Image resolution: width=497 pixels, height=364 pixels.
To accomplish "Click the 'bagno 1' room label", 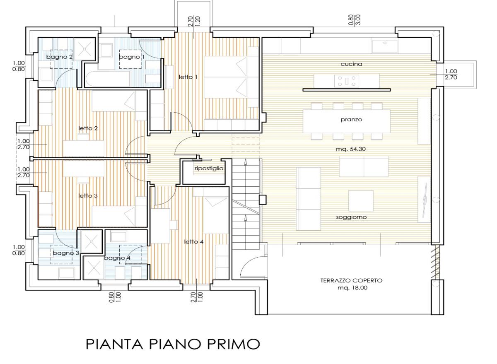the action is pos(132,57).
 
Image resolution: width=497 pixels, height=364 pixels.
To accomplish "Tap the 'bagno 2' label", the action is pos(60,57).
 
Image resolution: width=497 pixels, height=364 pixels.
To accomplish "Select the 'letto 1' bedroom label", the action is pos(188,77).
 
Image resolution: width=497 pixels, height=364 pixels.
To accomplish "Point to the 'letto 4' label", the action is pos(194,241).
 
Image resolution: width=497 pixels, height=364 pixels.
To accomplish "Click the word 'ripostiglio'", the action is pos(209,169).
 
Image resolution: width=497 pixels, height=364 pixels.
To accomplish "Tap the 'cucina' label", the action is pos(352,64).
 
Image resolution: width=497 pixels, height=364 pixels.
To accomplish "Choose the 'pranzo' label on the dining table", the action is pos(352,120).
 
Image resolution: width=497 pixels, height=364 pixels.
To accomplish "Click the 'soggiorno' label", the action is pos(351,217).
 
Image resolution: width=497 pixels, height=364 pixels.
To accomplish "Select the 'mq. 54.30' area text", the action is pos(350,149).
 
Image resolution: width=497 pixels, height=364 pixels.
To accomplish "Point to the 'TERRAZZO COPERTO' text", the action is pos(352,280).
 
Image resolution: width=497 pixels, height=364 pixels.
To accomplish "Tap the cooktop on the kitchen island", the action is pos(346,81).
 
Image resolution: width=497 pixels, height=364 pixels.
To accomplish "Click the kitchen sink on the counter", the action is pos(385,46).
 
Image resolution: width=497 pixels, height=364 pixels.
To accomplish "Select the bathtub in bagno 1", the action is pos(108,79).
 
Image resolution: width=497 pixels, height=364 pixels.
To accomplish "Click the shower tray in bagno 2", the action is pos(84,49).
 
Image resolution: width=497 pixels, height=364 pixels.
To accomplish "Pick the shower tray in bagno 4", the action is pos(94,268).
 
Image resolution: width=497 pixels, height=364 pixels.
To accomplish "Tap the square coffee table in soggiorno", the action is pos(361,200).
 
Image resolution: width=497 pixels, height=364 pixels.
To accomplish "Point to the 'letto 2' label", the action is pos(88,128).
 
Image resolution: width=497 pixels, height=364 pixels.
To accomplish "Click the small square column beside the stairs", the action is pos(263,200).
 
